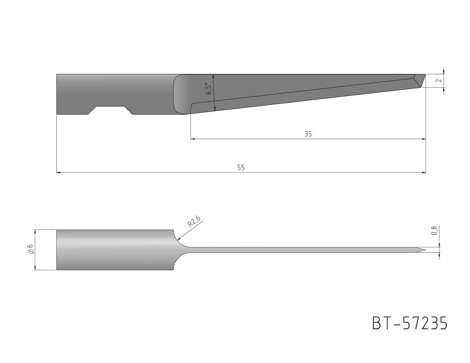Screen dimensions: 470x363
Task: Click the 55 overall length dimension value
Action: tap(241, 168)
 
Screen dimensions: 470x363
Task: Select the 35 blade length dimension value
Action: tap(308, 134)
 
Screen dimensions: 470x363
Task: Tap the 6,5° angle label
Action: tap(208, 88)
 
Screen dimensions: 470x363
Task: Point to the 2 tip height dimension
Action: tap(439, 80)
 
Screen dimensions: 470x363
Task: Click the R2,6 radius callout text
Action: tap(194, 221)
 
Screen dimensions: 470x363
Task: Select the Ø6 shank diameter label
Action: tap(30, 249)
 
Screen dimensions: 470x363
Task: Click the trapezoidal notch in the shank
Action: tap(110, 110)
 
